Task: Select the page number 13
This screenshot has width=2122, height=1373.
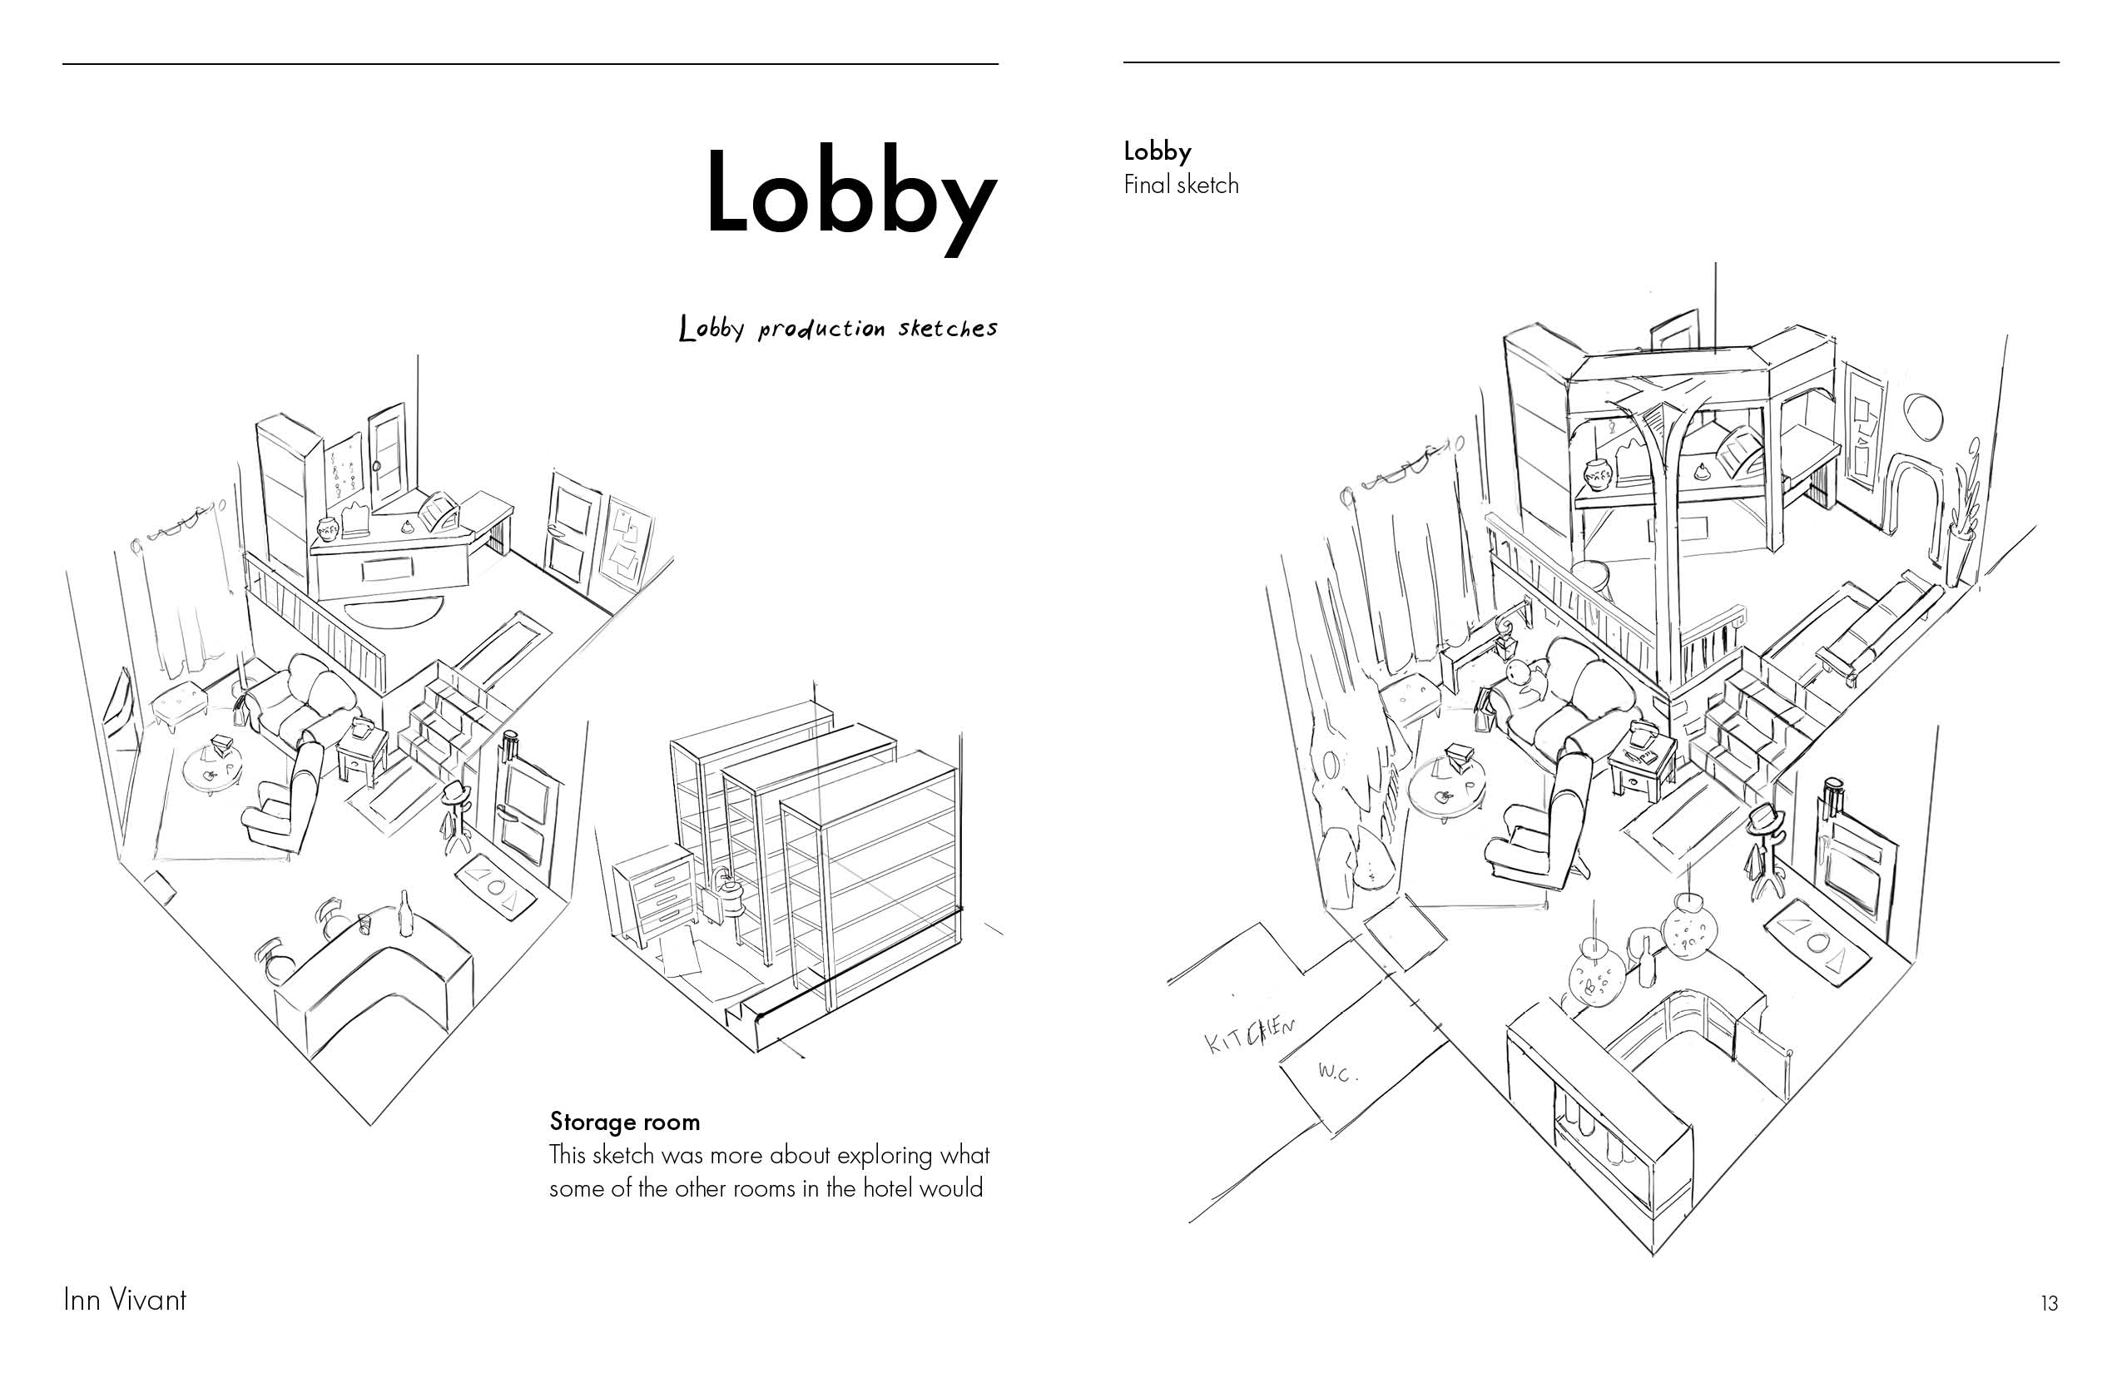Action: [2049, 1303]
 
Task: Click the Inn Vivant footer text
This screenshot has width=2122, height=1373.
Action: [125, 1300]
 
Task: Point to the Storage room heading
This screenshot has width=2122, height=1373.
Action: [624, 1122]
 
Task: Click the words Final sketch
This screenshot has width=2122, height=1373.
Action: [1181, 185]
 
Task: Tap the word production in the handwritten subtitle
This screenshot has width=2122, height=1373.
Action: [821, 329]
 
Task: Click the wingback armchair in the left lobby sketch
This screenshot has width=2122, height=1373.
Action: [284, 799]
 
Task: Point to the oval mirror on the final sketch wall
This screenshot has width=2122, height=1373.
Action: [1922, 416]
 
